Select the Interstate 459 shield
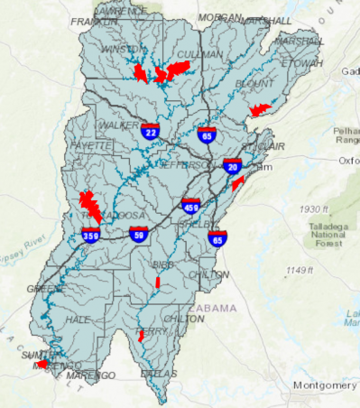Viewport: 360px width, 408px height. coord(190,207)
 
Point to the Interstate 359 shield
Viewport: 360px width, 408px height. coord(90,236)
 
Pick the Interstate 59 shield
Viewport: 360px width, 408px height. coord(138,236)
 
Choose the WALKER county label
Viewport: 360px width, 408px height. coord(117,124)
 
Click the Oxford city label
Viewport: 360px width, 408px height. coord(348,161)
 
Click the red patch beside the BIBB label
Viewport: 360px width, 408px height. coord(157,283)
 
